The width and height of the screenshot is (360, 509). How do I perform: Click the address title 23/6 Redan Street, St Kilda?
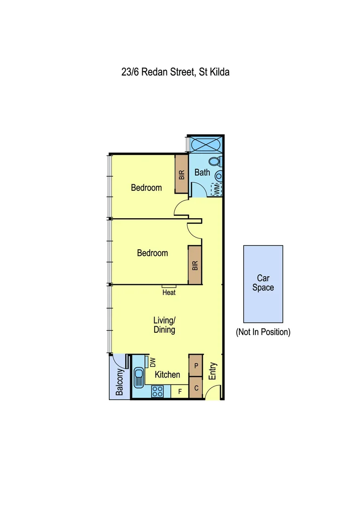[174, 73]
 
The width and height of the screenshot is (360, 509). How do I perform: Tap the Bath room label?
[202, 172]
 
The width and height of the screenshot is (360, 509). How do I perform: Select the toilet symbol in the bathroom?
[215, 162]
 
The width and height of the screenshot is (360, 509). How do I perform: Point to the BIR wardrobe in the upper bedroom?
[181, 174]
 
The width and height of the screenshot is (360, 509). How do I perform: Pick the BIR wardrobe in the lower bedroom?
[195, 265]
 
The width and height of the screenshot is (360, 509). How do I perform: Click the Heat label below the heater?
[169, 293]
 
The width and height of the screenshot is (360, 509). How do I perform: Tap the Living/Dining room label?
[164, 325]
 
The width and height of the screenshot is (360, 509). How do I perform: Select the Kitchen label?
[168, 375]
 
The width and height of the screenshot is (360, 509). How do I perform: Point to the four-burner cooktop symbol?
[157, 391]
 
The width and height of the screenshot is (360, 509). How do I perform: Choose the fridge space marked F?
[180, 391]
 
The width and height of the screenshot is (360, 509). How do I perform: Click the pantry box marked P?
[195, 365]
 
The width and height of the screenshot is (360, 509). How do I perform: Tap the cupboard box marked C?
[195, 388]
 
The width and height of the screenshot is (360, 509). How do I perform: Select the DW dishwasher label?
[152, 362]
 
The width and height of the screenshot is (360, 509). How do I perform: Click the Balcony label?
[120, 382]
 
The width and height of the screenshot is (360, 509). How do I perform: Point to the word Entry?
[213, 371]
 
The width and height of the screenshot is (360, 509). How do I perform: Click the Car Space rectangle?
[263, 283]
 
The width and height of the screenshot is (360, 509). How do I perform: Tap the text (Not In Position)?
[263, 332]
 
